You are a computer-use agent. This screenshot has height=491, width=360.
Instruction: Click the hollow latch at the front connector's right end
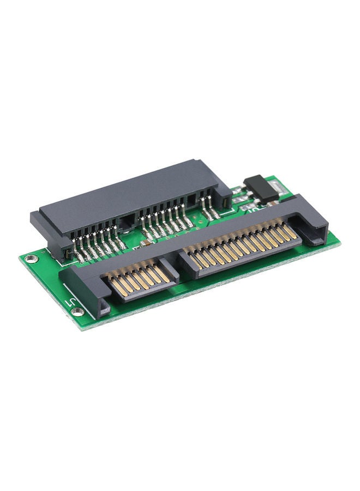[x=314, y=231]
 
